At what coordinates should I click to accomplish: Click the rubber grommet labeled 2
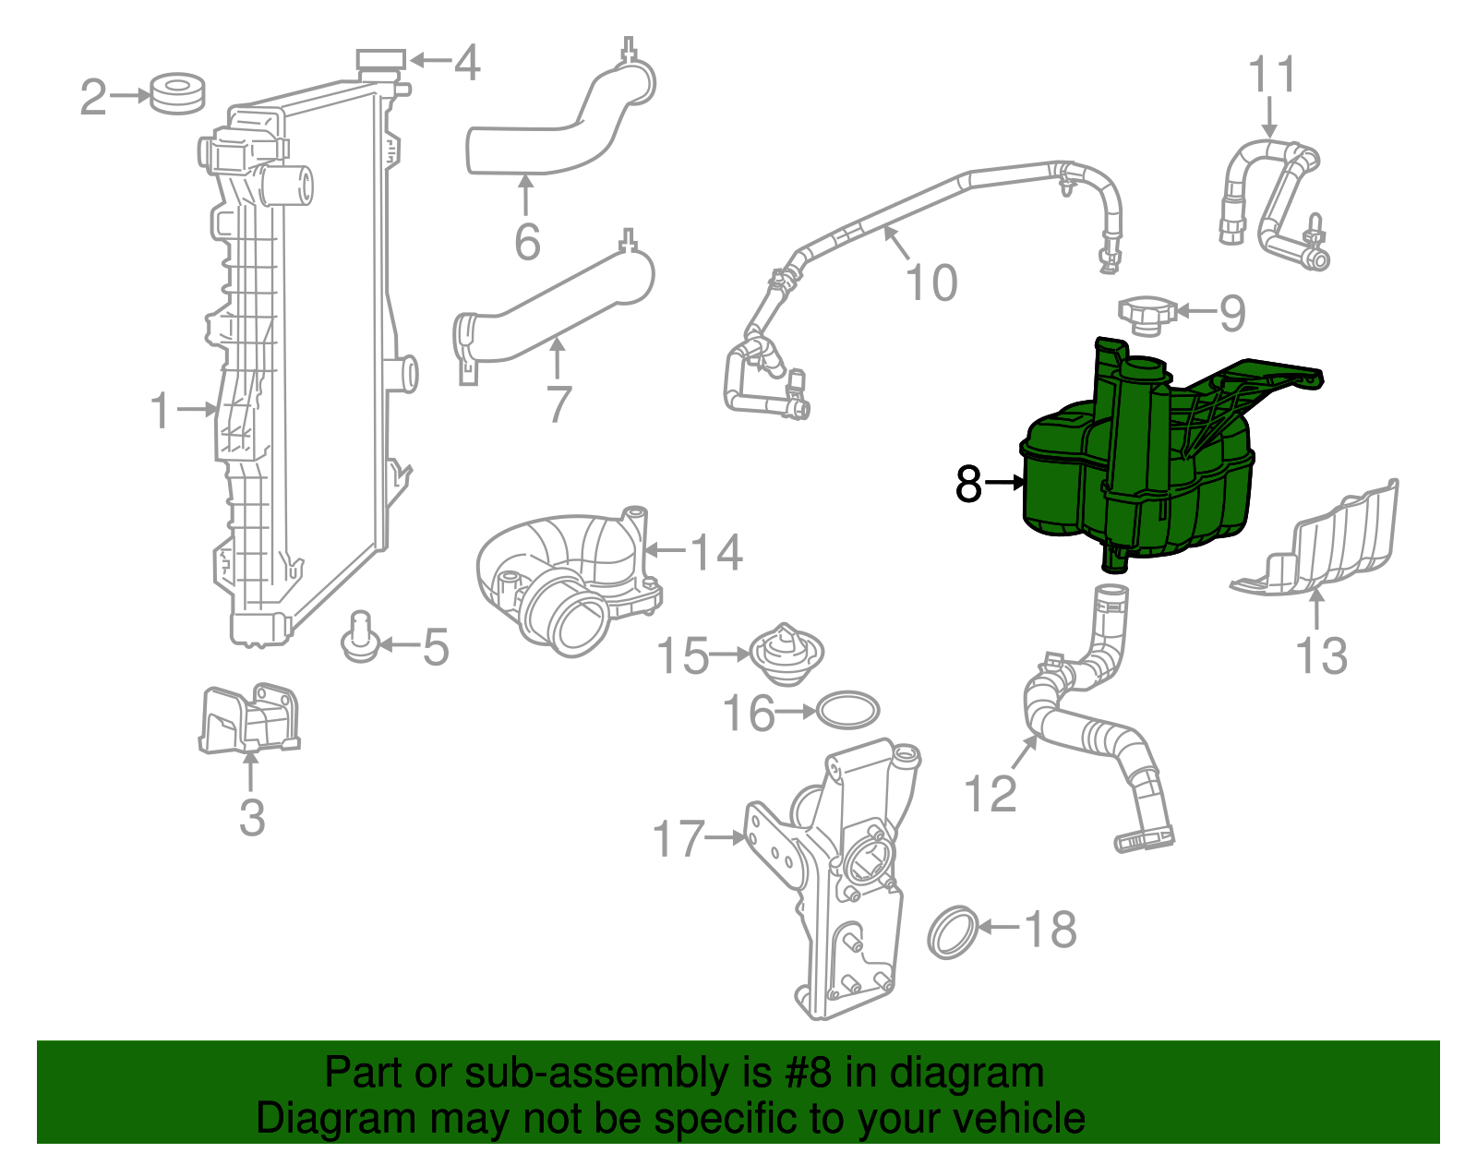176,93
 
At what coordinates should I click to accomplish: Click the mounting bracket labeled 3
249,718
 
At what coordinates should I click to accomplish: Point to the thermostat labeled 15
785,654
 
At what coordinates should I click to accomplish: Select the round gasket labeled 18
952,932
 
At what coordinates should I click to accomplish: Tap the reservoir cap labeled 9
1146,314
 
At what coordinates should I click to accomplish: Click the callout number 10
931,282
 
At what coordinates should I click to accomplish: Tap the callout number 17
678,839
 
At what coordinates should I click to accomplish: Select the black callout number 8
968,484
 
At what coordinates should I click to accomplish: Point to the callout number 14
716,552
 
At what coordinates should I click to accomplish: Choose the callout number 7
558,403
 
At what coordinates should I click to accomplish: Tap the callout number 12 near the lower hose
990,793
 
